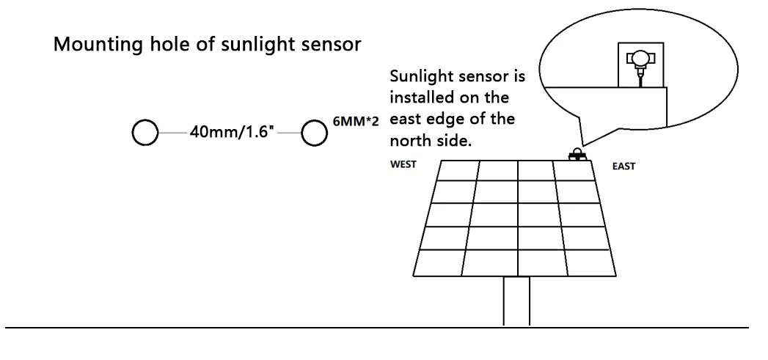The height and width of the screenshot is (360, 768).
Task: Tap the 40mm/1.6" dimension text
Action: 232,132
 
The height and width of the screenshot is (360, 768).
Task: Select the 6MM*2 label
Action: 356,122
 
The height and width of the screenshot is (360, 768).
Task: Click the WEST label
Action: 403,164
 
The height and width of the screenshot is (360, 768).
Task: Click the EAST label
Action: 623,166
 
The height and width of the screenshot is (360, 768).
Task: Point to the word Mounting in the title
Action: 98,45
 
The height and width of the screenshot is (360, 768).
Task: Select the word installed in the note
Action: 422,97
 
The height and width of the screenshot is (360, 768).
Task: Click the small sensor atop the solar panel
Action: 577,154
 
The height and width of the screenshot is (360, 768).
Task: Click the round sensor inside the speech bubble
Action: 640,59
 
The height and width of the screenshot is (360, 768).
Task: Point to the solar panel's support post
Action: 516,301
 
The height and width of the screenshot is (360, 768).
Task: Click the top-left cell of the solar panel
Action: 458,170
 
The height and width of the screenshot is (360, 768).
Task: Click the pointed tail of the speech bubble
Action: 583,145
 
